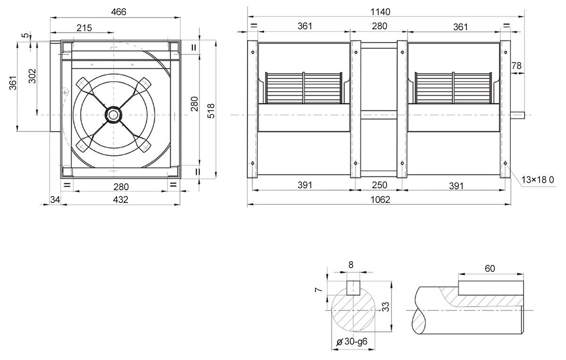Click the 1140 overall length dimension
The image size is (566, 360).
pyautogui.click(x=380, y=12)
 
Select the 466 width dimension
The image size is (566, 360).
pyautogui.click(x=118, y=12)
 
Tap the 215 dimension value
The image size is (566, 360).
pyautogui.click(x=84, y=28)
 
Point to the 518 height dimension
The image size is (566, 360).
pyautogui.click(x=211, y=111)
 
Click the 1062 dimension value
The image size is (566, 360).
pyautogui.click(x=380, y=200)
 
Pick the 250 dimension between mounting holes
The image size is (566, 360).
pyautogui.click(x=380, y=185)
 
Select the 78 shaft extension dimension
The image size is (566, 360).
pyautogui.click(x=516, y=66)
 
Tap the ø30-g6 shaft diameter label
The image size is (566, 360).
pyautogui.click(x=352, y=342)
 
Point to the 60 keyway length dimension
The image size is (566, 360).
pyautogui.click(x=490, y=268)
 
